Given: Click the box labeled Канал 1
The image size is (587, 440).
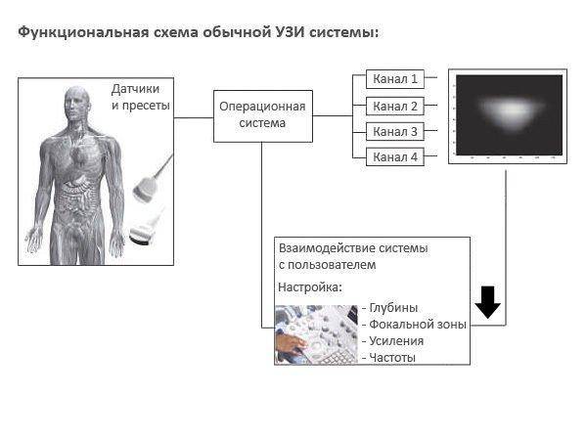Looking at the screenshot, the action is click(394, 78).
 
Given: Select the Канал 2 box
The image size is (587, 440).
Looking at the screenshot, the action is click(394, 106).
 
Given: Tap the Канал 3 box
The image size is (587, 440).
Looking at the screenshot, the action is click(394, 131).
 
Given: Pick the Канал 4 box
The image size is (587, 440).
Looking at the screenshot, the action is click(394, 156).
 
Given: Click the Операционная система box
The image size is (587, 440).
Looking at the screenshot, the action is click(261, 115).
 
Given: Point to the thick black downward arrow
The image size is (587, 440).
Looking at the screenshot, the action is click(488, 303).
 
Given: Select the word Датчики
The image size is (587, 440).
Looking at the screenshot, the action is click(141, 88).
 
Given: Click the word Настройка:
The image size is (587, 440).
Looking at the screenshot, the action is click(310, 288).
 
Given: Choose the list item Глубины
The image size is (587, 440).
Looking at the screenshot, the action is click(393, 307).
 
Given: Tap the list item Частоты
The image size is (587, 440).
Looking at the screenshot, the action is click(392, 357).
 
